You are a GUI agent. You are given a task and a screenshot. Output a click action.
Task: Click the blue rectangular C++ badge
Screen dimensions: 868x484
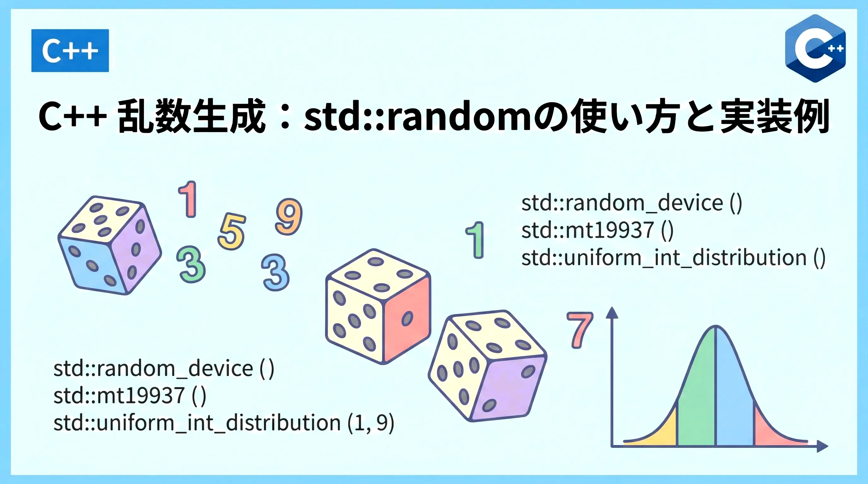(70, 50)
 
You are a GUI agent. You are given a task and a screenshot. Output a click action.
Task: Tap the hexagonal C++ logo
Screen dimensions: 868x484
(815, 49)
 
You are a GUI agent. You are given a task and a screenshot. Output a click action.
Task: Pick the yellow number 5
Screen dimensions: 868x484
(232, 232)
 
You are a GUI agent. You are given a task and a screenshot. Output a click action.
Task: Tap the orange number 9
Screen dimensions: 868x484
(289, 216)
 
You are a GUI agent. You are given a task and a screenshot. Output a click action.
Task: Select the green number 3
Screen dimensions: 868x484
(191, 264)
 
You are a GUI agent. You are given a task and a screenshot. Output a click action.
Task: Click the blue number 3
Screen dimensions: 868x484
(276, 272)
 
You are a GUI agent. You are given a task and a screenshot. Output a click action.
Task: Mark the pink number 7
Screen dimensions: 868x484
(580, 330)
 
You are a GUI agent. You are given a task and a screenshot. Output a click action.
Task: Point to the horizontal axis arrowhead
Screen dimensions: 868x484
(823, 446)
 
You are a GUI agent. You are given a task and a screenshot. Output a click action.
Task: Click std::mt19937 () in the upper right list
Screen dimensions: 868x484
(597, 231)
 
